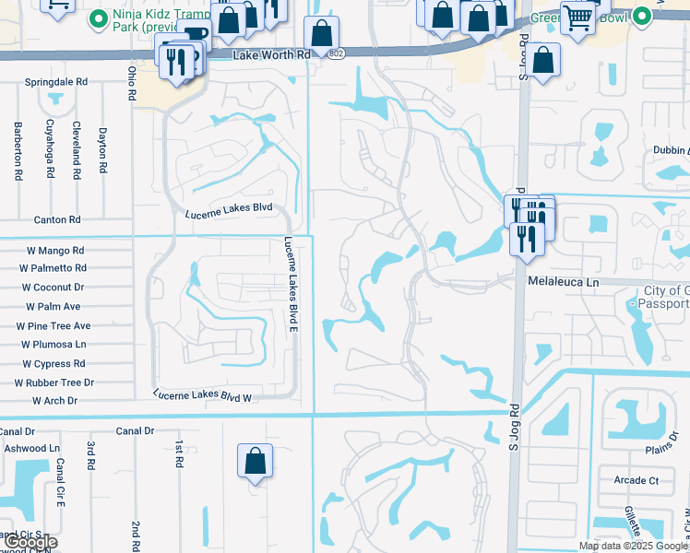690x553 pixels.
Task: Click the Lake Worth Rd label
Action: click(272, 55)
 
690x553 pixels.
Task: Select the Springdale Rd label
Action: click(56, 82)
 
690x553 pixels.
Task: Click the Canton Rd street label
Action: click(57, 219)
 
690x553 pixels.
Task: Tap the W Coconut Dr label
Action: click(53, 288)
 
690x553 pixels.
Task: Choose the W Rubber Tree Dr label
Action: click(54, 382)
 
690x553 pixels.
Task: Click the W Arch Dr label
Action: click(55, 401)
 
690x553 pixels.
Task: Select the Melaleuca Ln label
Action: click(564, 282)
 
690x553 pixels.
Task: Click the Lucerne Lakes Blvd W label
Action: click(203, 395)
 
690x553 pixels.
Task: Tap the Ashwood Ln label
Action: click(31, 448)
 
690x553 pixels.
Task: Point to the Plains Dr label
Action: click(661, 449)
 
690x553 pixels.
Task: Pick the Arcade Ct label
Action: click(636, 480)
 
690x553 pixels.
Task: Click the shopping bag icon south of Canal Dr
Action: click(255, 460)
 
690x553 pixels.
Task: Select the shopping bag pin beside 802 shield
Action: click(320, 33)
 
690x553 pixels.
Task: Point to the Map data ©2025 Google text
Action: click(633, 546)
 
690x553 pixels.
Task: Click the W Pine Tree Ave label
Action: click(54, 325)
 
